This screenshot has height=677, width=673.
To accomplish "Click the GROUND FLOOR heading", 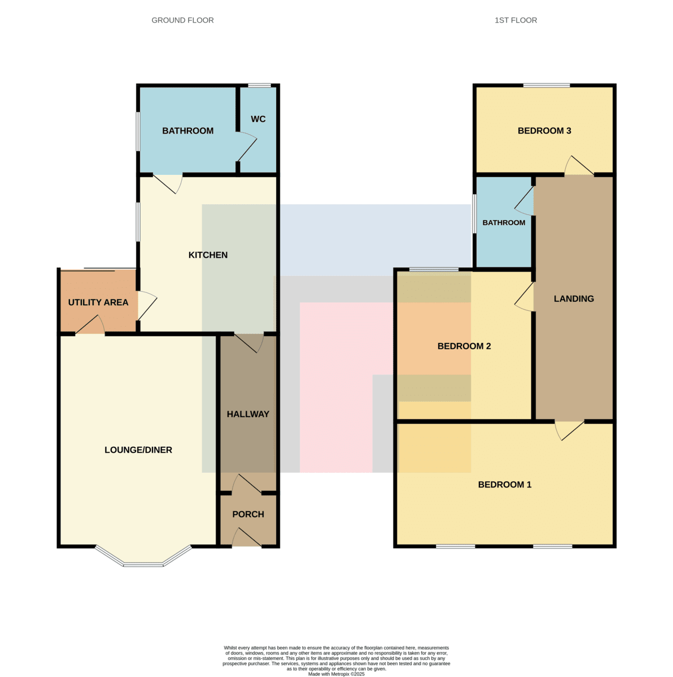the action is click(182, 20).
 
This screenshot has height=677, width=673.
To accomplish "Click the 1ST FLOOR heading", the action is click(515, 20).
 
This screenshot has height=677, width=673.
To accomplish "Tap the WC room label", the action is click(257, 119).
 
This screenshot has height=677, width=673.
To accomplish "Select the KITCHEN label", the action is click(208, 255).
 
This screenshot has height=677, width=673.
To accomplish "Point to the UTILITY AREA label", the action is click(98, 302).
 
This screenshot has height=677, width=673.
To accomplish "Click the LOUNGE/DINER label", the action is click(138, 450).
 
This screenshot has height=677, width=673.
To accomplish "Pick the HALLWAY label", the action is click(248, 414).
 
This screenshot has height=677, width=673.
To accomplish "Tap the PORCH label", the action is click(248, 515).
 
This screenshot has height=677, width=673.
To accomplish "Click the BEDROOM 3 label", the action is click(544, 131).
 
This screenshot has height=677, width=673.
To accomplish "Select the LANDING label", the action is click(574, 298).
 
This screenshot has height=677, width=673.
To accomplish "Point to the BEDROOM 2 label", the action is click(464, 346).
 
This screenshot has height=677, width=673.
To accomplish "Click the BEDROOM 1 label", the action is click(504, 485).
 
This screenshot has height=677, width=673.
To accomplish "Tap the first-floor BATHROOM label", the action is click(504, 223).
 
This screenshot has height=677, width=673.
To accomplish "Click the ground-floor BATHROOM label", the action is click(187, 131).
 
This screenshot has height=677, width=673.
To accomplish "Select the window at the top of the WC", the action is click(259, 85).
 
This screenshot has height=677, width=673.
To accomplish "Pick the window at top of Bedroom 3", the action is click(546, 85).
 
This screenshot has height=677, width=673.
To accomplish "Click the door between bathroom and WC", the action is click(246, 146).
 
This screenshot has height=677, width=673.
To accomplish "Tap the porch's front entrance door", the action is click(247, 537).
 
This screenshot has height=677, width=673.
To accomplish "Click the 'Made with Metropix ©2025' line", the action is click(336, 674).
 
